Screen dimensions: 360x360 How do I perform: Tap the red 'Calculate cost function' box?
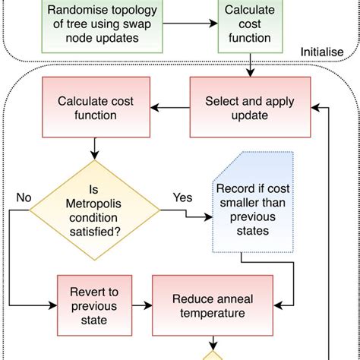click(x=87, y=108)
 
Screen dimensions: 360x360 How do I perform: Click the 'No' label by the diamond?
click(x=23, y=197)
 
